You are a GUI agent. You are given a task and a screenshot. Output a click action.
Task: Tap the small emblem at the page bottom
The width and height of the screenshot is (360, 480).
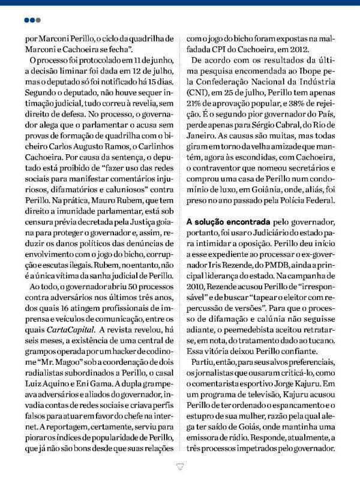coord(179,463)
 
